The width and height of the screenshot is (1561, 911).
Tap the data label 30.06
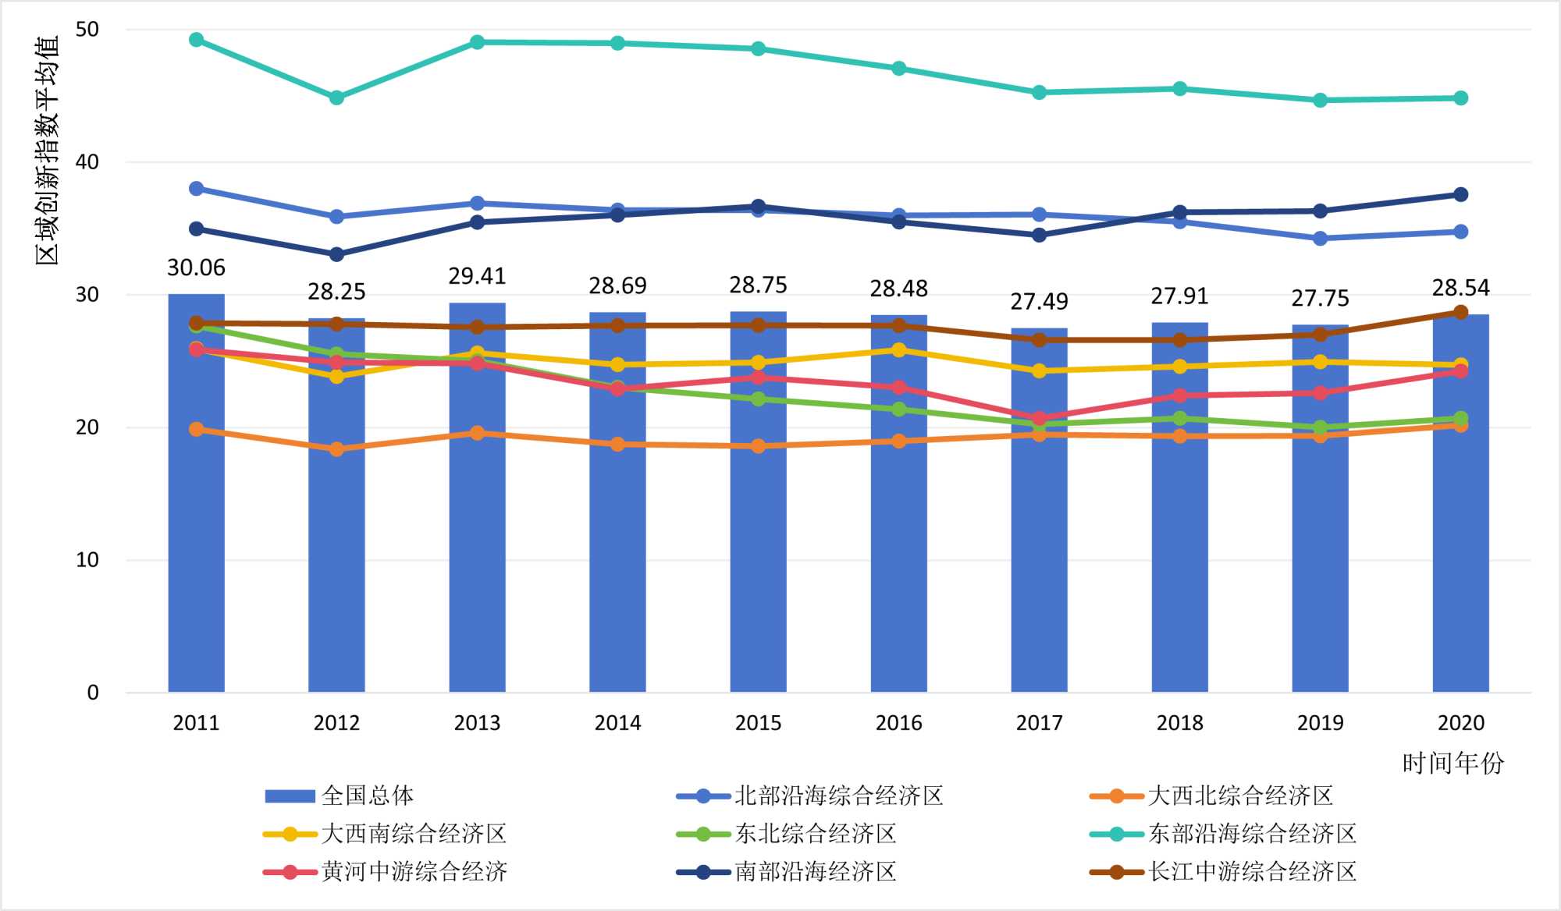tap(196, 268)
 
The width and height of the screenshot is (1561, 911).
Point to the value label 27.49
tap(1039, 302)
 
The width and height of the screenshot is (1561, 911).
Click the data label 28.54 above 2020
tap(1460, 289)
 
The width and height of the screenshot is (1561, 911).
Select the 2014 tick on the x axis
tap(617, 723)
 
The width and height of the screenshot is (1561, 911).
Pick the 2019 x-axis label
tap(1320, 723)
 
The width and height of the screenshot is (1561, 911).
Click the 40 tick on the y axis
tap(87, 162)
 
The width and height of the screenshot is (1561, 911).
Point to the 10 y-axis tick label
tap(87, 560)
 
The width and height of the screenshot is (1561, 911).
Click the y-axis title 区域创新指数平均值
tap(47, 150)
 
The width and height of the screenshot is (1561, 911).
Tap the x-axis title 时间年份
tap(1453, 763)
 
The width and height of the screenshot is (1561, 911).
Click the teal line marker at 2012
tap(336, 97)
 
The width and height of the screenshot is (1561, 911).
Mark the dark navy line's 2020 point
tap(1460, 194)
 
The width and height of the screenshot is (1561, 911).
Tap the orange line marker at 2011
tap(196, 429)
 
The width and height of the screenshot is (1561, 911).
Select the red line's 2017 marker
tap(1039, 418)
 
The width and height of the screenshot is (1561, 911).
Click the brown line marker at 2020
tap(1460, 312)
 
